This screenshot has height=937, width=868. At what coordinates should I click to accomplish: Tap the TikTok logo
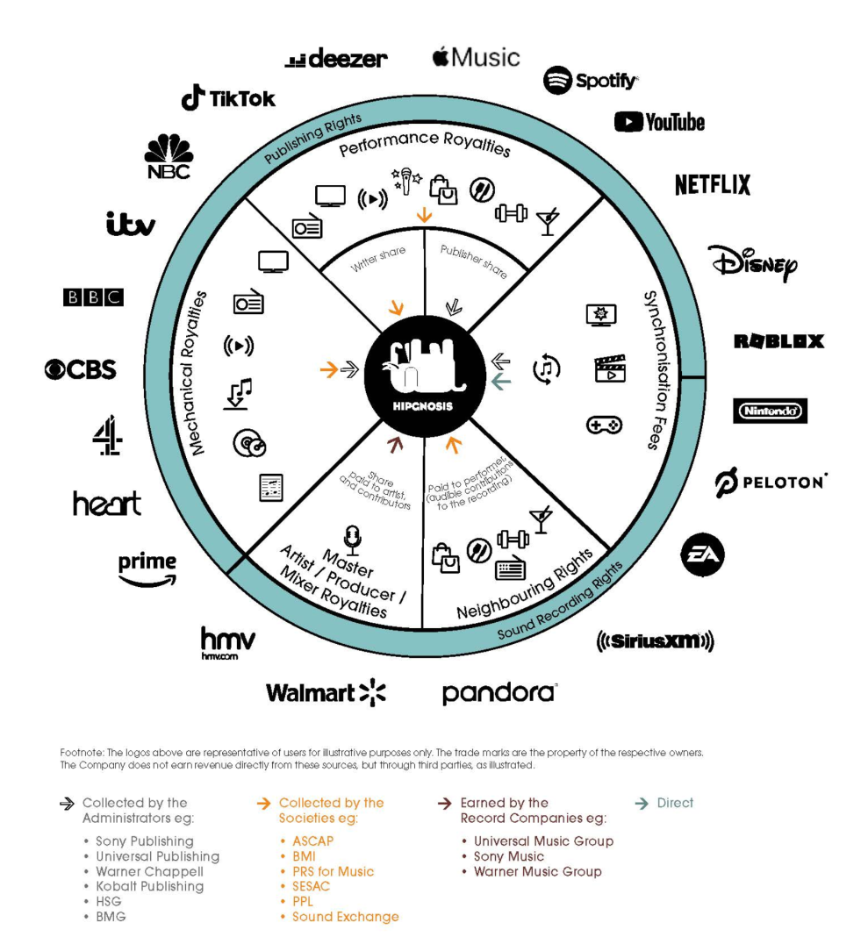point(228,98)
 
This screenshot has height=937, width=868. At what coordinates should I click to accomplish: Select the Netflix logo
point(713,184)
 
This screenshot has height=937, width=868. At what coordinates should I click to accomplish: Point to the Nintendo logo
point(770,411)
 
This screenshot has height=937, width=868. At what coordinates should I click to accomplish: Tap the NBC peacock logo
point(169,157)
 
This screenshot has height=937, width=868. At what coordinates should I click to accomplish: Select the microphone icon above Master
point(354,538)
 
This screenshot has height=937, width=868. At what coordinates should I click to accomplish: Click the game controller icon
point(603,425)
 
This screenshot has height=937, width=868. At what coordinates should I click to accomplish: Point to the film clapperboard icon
point(609,368)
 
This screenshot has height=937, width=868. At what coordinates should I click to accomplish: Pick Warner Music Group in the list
point(537,871)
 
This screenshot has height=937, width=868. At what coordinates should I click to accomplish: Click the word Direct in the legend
point(675,803)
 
